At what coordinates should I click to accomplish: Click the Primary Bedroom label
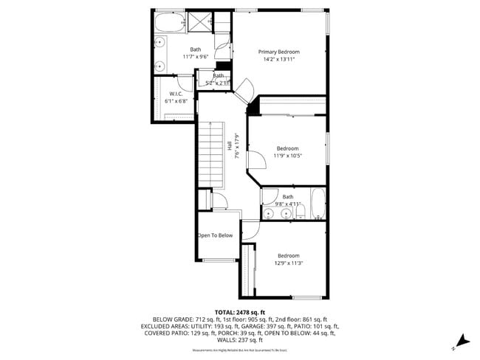pos(278,52)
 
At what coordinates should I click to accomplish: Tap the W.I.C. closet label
pos(176,94)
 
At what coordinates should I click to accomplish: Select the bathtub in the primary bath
pos(168,24)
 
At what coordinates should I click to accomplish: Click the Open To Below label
pos(215,235)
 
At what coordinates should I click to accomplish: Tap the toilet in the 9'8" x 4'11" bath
pos(301,213)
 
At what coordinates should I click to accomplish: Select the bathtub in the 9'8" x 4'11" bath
pos(318,204)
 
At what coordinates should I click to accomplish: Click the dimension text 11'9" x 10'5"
pos(287,156)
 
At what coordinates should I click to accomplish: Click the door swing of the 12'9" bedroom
pos(251,231)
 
